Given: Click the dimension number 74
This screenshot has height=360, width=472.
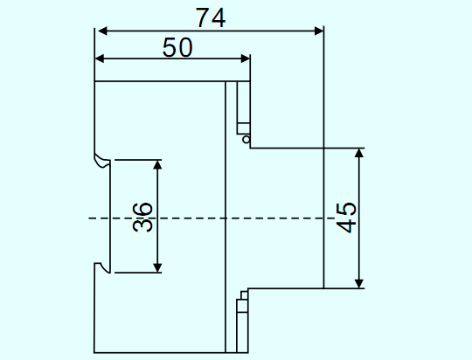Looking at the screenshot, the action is (x=211, y=17).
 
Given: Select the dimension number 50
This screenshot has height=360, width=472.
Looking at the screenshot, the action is (x=177, y=47).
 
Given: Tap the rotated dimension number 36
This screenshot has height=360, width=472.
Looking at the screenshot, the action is (x=142, y=217).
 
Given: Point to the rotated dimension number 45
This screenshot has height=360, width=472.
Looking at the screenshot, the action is (x=346, y=218).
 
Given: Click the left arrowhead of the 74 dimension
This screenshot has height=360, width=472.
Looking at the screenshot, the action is (x=102, y=31).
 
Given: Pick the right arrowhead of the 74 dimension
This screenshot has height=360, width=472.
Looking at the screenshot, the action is (x=319, y=31).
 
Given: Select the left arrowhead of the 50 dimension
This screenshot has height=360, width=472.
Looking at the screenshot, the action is (x=100, y=59).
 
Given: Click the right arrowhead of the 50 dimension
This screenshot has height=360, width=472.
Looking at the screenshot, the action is (x=246, y=59).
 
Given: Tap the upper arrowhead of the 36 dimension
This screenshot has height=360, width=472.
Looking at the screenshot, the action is (x=157, y=165).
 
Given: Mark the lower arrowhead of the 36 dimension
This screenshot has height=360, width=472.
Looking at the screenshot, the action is (x=157, y=267).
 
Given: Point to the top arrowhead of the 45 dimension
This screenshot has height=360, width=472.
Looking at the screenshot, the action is (x=359, y=153).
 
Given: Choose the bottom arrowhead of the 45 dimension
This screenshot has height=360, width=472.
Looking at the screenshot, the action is (x=359, y=284).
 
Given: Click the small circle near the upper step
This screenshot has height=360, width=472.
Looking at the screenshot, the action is (x=246, y=139).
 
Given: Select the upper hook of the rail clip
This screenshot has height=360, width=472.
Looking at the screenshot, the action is (x=102, y=161).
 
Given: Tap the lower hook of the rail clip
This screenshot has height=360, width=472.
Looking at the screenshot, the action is (x=102, y=268).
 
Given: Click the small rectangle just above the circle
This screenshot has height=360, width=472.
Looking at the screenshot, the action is (x=243, y=128).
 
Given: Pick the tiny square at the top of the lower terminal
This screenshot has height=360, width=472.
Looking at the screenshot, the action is (x=244, y=295).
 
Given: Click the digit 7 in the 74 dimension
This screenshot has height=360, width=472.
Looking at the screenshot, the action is (x=203, y=17).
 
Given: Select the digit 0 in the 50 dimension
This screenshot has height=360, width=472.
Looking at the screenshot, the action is (x=184, y=47).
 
